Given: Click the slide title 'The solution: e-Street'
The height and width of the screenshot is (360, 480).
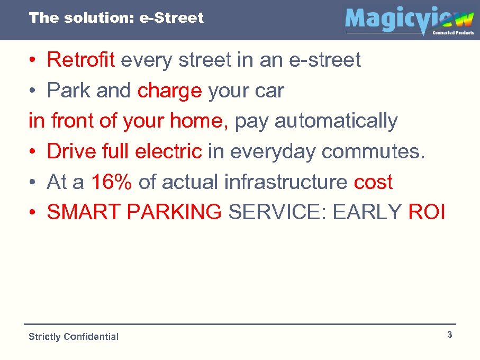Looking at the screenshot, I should point(116,18).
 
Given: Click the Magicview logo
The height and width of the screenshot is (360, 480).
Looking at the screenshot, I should point(409,20).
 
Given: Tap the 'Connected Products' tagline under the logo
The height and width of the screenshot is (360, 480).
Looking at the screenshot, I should point(453,33).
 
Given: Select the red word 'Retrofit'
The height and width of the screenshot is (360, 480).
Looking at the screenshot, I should point(80,60).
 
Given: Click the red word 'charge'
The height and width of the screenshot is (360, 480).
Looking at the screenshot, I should point(169,91).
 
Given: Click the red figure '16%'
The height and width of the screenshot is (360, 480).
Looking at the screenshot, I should point(112,182).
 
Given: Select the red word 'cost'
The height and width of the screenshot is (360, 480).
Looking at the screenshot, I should point(373,182).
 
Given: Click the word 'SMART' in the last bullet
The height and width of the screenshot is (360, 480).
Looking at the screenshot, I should point(84,213).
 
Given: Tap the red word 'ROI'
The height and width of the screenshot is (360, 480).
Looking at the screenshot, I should point(427,213).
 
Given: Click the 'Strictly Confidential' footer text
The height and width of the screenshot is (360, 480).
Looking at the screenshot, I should point(74,337).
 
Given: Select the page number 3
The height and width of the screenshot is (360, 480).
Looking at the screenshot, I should point(449,335).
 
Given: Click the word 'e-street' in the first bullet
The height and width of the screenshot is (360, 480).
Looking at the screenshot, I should point(324,60).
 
